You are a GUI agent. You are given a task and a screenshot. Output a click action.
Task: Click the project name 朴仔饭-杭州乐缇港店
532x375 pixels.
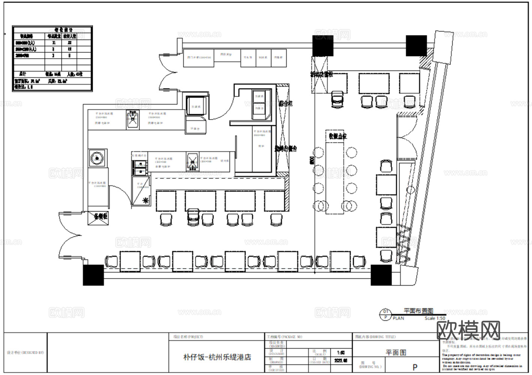pyautogui.click(x=217, y=357)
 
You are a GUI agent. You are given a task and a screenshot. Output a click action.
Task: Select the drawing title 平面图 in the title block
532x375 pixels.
pyautogui.click(x=396, y=352)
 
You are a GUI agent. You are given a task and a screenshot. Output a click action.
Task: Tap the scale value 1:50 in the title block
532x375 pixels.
pyautogui.click(x=341, y=353)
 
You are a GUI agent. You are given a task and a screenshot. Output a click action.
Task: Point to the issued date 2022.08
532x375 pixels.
pyautogui.click(x=341, y=360)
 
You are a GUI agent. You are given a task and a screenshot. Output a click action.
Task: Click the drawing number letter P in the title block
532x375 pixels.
pyautogui.click(x=415, y=367)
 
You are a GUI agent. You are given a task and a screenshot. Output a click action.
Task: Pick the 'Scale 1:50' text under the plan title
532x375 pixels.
pyautogui.click(x=435, y=318)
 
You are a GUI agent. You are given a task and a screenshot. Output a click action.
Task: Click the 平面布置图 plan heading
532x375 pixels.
pyautogui.click(x=418, y=311)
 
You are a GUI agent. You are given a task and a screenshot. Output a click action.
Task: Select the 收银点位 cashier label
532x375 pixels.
pyautogui.click(x=338, y=136)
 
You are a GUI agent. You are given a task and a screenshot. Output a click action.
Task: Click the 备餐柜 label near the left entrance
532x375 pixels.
pyautogui.click(x=100, y=216)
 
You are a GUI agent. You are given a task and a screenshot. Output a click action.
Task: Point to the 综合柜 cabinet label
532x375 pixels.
pyautogui.click(x=285, y=103)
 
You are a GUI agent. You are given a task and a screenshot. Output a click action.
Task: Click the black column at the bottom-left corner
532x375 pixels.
pyautogui.click(x=93, y=275)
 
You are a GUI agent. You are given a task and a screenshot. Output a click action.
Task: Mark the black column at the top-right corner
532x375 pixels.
pyautogui.click(x=416, y=46)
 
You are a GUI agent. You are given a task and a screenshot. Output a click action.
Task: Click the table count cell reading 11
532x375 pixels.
pyautogui.click(x=53, y=43)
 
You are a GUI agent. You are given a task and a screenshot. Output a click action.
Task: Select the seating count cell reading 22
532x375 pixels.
pyautogui.click(x=70, y=43)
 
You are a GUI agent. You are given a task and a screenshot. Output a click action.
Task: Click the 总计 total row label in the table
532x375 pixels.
pyautogui.click(x=23, y=74)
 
